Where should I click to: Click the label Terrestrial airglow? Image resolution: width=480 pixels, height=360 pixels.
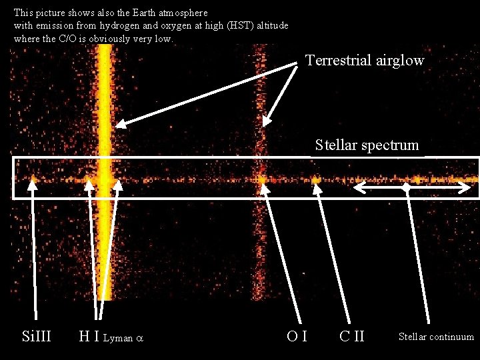click(365, 61)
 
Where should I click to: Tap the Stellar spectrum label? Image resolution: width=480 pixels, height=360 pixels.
click(367, 145)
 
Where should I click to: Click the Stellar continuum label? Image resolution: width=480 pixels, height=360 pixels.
click(436, 337)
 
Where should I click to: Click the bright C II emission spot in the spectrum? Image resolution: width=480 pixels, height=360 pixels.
click(316, 179)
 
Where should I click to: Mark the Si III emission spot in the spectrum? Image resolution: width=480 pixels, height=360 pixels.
click(33, 178)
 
